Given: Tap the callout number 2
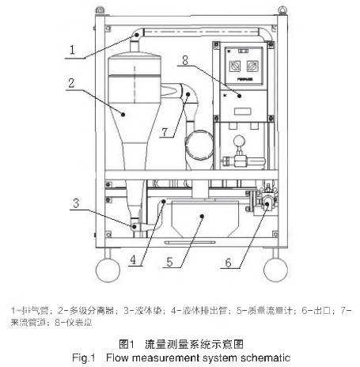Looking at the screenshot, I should click(72, 82).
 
